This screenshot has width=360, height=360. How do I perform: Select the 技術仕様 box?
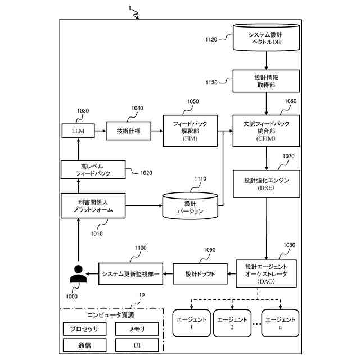[x=128, y=131]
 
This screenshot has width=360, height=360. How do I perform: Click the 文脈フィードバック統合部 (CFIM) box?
[x=266, y=130]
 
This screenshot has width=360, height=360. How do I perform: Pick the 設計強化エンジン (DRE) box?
[x=266, y=184]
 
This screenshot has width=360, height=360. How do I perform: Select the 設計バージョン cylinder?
[x=190, y=206]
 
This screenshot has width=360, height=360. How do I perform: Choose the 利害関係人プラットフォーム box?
[x=93, y=206]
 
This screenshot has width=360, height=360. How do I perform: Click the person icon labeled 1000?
[x=76, y=274]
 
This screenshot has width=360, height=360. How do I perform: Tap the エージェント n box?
[x=280, y=323]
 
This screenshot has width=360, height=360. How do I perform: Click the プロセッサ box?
[x=84, y=328]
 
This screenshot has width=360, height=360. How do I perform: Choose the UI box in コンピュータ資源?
[x=137, y=345]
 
